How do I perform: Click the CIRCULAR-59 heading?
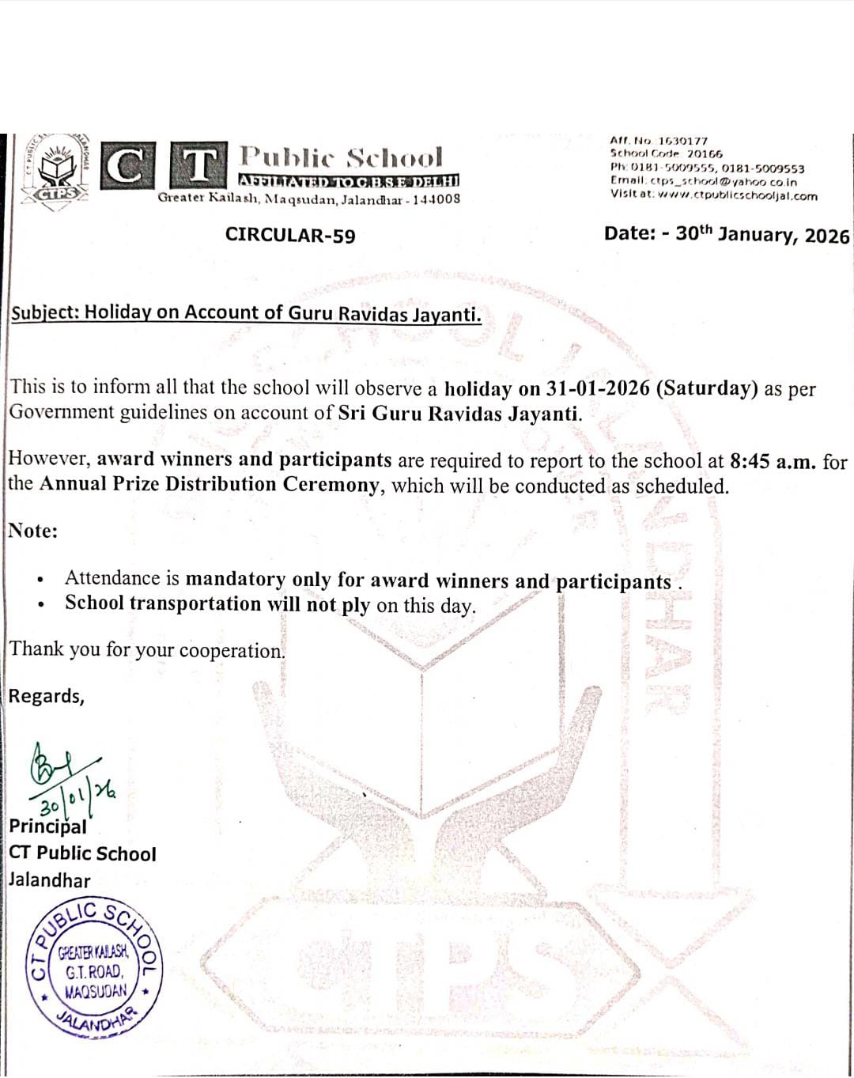coord(290,236)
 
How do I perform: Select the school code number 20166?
coord(704,153)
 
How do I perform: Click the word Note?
coord(33,531)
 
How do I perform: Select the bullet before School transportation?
coord(40,605)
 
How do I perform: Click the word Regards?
coord(47,696)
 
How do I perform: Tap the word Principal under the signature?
coord(47,826)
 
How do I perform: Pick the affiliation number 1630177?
coord(683,140)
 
